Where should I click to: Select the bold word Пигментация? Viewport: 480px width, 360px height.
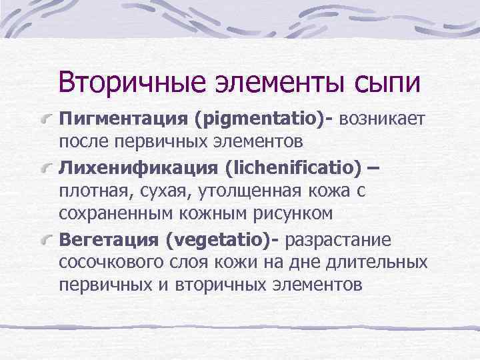click(x=123, y=119)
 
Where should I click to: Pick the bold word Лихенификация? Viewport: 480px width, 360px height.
click(x=138, y=167)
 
